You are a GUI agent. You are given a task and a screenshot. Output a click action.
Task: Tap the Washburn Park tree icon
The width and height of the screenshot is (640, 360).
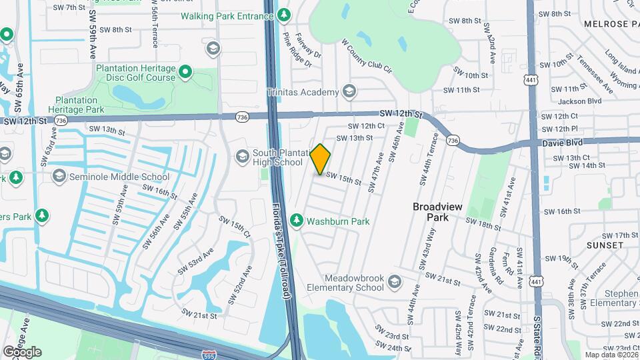(296, 220)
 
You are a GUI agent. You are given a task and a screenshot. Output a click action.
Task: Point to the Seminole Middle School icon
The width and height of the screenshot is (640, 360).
(59, 176)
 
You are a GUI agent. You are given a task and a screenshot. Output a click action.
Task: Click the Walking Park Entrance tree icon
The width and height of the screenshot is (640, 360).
(285, 13)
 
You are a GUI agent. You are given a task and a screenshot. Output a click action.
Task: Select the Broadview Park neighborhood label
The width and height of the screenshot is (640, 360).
(437, 212)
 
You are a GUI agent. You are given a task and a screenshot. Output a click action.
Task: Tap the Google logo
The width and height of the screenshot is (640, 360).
(22, 352)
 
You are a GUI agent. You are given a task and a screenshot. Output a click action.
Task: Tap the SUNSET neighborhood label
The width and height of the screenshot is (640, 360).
(605, 245)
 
